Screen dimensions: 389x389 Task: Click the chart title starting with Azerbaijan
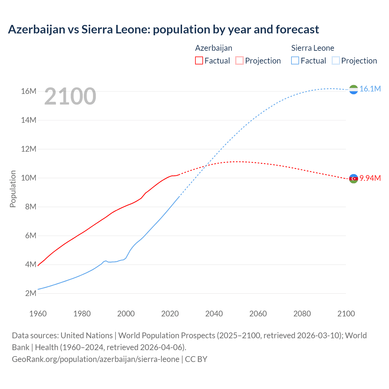pos(163,29)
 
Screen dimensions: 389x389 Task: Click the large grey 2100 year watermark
pos(70,96)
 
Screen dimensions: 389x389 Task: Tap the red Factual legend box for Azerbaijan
pos(199,60)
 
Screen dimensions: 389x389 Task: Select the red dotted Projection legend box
pos(239,60)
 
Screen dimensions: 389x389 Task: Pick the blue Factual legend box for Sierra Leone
pos(295,60)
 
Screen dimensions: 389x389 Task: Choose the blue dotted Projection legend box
pos(336,60)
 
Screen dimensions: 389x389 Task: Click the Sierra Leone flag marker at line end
pos(353,89)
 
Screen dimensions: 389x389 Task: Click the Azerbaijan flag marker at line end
pos(353,178)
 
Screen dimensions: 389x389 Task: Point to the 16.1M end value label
pos(370,89)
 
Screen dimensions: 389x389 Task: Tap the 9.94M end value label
pos(370,178)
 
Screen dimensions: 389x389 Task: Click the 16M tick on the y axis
pos(29,91)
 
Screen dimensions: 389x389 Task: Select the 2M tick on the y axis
pos(30,293)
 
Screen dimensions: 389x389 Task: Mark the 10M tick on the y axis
pos(29,178)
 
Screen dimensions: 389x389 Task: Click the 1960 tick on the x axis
pos(38,314)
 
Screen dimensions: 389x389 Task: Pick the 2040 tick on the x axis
pos(214,314)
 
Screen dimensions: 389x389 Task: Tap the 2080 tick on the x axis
pos(302,314)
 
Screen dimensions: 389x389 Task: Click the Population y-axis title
pos(13,189)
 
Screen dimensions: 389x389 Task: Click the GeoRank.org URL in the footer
pos(95,359)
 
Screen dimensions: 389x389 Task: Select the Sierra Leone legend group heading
pos(312,48)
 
